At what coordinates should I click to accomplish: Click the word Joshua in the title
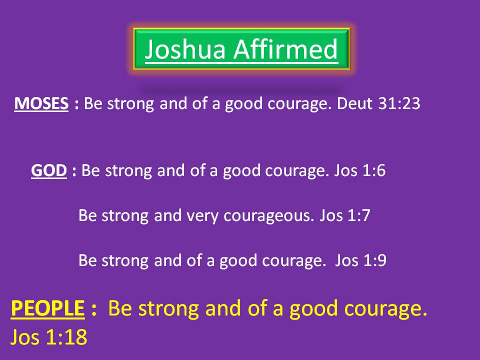(185, 49)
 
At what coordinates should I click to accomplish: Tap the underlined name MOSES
(41, 103)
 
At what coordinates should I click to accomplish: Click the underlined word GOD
(49, 170)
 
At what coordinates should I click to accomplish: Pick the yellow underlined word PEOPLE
(48, 308)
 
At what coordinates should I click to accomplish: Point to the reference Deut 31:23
(378, 103)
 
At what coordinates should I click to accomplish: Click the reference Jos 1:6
(359, 170)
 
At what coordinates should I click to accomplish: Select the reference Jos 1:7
(345, 215)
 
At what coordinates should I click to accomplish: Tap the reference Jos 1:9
(360, 260)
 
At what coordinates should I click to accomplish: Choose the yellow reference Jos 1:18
(49, 337)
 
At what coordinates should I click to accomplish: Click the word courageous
(269, 216)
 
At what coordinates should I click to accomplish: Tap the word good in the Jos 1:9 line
(238, 261)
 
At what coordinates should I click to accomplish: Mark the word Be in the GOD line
(90, 170)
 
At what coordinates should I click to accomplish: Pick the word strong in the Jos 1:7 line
(125, 216)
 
